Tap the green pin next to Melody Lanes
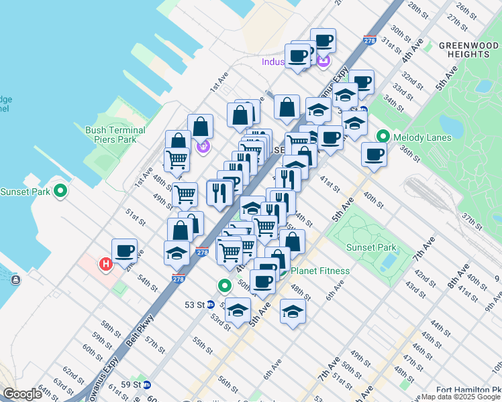click(x=383, y=136)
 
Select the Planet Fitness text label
click(x=320, y=271)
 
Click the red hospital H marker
click(x=105, y=265)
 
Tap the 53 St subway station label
click(x=194, y=304)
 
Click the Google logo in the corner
click(x=22, y=394)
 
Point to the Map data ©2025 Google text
click(x=461, y=397)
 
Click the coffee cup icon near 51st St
click(x=125, y=251)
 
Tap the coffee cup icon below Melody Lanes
click(x=374, y=155)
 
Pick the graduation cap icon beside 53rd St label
click(x=238, y=310)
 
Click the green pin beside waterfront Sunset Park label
click(x=60, y=192)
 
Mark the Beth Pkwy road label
click(x=143, y=328)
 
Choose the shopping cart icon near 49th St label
click(x=185, y=195)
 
